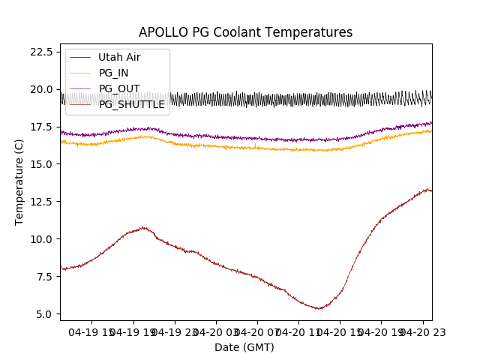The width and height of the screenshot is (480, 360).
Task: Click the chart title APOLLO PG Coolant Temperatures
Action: (245, 32)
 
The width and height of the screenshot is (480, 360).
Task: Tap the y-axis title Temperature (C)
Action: (19, 181)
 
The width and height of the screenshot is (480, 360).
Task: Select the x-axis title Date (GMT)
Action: (244, 347)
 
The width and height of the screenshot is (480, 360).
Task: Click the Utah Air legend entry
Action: (119, 57)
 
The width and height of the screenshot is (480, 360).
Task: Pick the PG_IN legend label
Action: (114, 73)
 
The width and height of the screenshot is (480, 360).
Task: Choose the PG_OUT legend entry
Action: (119, 88)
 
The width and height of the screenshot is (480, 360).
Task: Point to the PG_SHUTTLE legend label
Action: (131, 104)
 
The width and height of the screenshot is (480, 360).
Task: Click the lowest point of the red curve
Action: (319, 308)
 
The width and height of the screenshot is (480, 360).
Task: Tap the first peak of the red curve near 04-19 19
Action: (143, 227)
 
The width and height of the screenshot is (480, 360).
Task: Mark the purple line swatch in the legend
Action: (80, 88)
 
